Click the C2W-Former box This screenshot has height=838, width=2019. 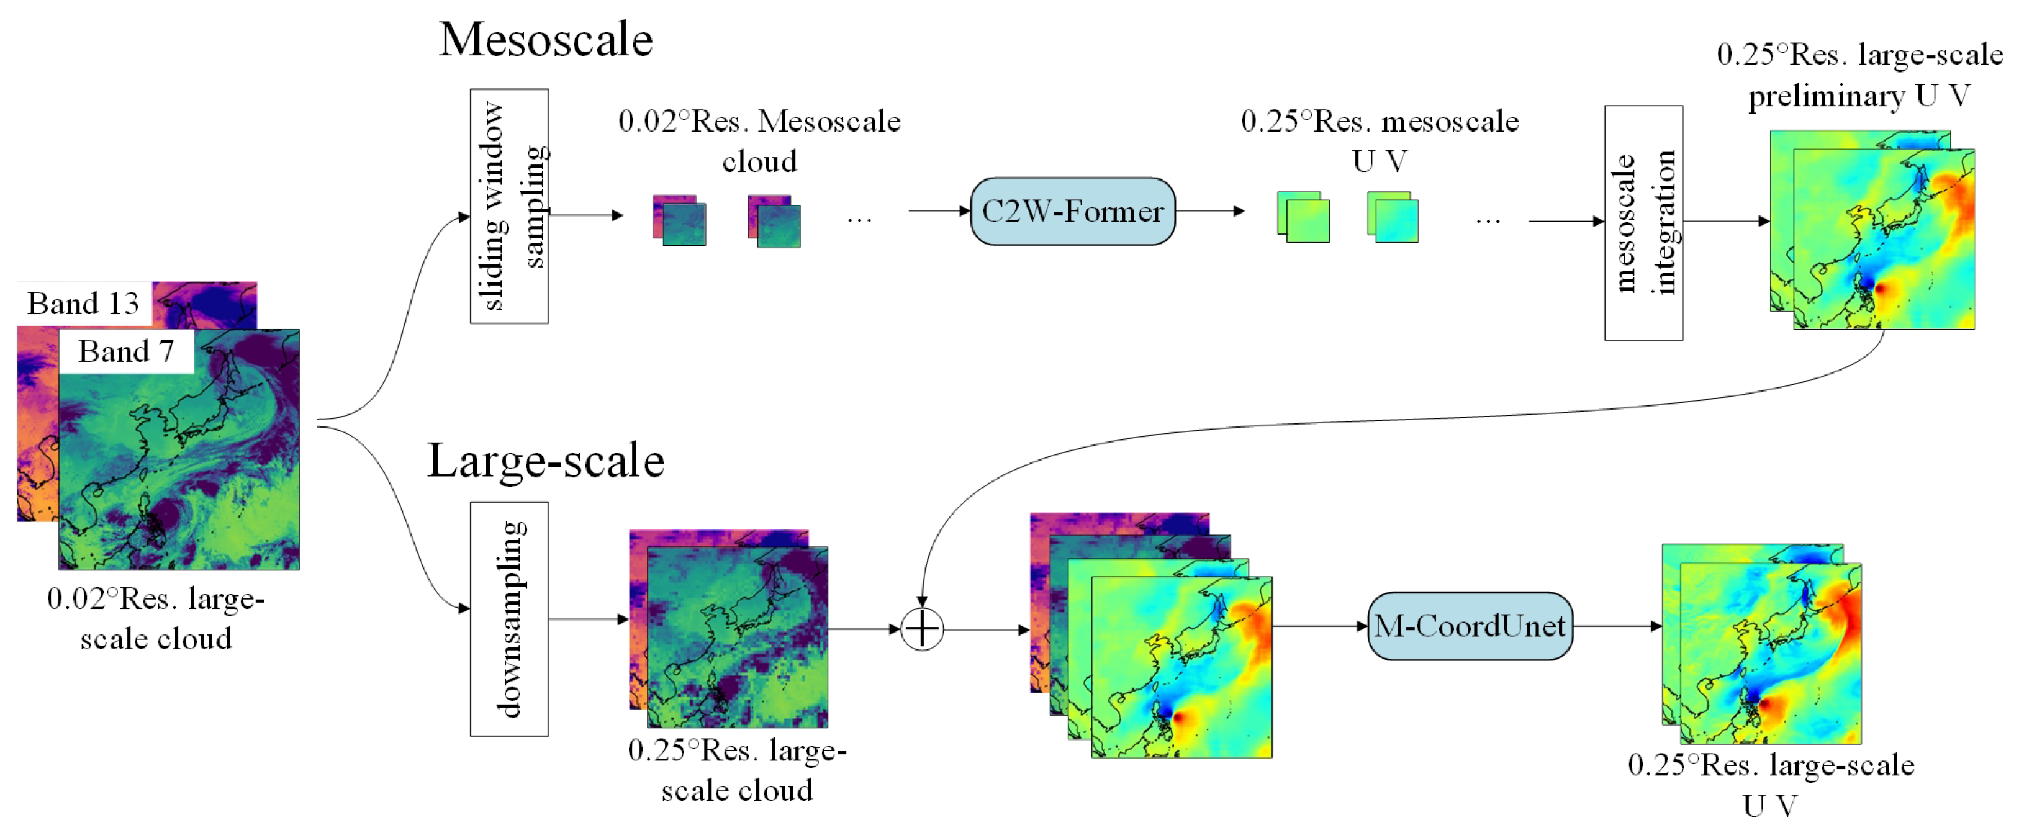pyautogui.click(x=1072, y=212)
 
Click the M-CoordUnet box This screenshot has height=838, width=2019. pyautogui.click(x=1469, y=626)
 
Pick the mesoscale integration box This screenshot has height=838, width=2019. pyautogui.click(x=1643, y=223)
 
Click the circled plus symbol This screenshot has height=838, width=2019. pyautogui.click(x=922, y=629)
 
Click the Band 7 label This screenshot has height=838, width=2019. pyautogui.click(x=125, y=351)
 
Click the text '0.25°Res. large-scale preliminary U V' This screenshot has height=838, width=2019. pyautogui.click(x=1859, y=75)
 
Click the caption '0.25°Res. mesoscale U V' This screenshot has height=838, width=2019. pyautogui.click(x=1380, y=141)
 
